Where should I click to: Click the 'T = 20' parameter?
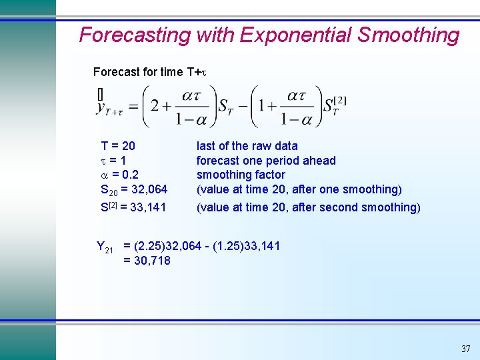pyautogui.click(x=118, y=146)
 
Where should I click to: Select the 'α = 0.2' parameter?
pyautogui.click(x=119, y=175)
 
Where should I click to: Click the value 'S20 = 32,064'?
pyautogui.click(x=133, y=190)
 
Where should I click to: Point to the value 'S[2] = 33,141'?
pyautogui.click(x=133, y=207)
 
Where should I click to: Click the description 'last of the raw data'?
pyautogui.click(x=247, y=146)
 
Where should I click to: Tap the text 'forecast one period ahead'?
pyautogui.click(x=266, y=161)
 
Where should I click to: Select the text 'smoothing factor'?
pyautogui.click(x=241, y=175)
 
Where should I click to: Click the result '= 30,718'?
pyautogui.click(x=147, y=261)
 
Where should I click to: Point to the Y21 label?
pyautogui.click(x=105, y=248)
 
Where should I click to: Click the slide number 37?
pyautogui.click(x=465, y=349)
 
